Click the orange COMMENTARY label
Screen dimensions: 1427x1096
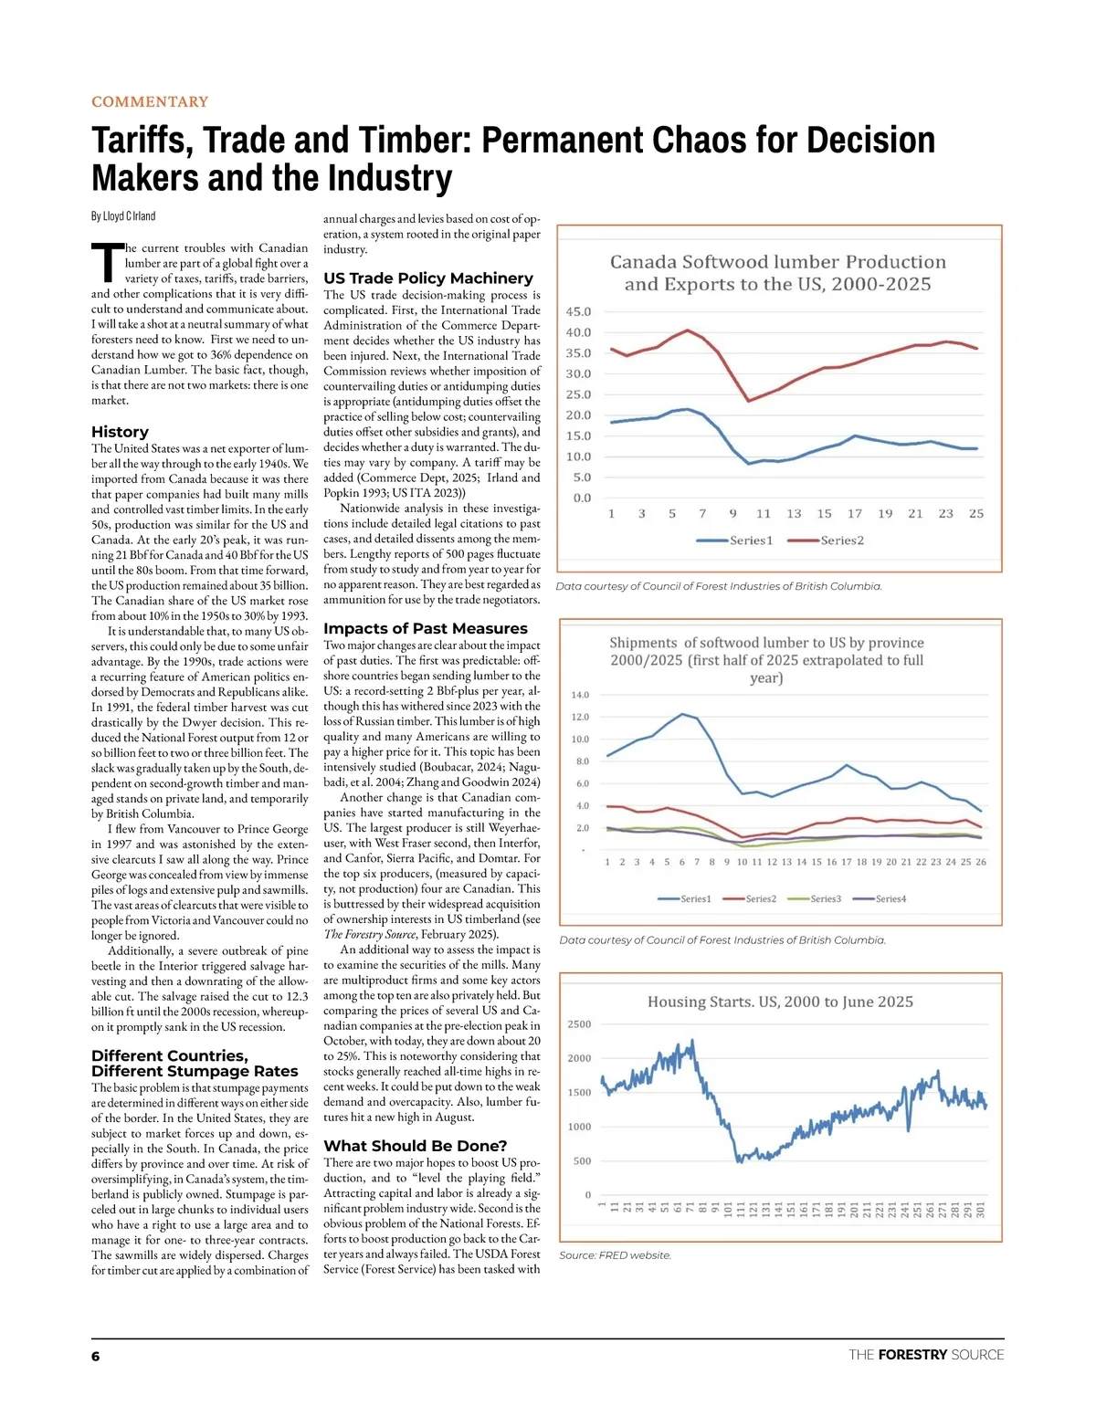[x=150, y=101]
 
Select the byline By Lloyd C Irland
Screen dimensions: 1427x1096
[x=123, y=216]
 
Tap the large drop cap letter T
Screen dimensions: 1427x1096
[x=107, y=262]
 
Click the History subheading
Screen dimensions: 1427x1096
[x=120, y=432]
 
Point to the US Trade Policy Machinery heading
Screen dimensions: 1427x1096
[x=427, y=278]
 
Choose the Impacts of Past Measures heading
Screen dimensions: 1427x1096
[x=425, y=628]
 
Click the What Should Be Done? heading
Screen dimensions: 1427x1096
[x=415, y=1146]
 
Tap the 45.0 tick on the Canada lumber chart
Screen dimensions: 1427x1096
[x=578, y=312]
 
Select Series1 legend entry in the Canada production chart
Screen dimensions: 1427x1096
[x=751, y=540]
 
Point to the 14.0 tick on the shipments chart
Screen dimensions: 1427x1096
[x=580, y=696]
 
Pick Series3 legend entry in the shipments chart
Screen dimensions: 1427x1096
[x=825, y=899]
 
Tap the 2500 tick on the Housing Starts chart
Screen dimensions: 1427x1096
[x=579, y=1024]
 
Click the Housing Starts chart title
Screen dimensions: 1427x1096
[x=780, y=1002]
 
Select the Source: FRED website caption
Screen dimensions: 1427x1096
[x=615, y=1255]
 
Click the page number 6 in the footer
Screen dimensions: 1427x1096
[x=96, y=1356]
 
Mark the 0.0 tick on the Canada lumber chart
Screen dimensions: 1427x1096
[x=582, y=498]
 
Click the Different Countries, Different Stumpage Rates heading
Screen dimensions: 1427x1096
[x=195, y=1064]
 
